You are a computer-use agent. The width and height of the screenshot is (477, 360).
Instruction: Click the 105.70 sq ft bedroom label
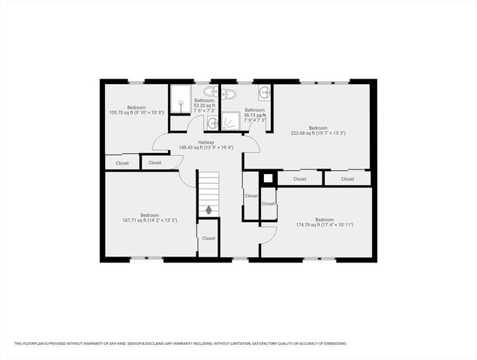coord(136,110)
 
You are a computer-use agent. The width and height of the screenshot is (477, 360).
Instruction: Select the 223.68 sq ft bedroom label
coord(318,130)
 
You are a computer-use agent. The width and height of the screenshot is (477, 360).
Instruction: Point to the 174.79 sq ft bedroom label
coord(324,222)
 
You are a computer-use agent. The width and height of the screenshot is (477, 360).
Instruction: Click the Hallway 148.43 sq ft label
coord(206,145)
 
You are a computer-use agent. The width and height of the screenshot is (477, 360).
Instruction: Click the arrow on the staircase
coord(208,209)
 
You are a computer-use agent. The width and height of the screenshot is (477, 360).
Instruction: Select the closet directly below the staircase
coord(208,238)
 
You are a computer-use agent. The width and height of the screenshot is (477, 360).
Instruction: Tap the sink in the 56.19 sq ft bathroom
coord(264,93)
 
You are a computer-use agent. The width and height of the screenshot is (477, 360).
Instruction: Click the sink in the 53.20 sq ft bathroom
coord(212,122)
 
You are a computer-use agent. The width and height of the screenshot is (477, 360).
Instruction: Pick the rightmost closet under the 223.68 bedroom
coord(347,179)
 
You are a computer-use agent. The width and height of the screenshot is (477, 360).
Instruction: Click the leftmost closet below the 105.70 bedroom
coord(121,163)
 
